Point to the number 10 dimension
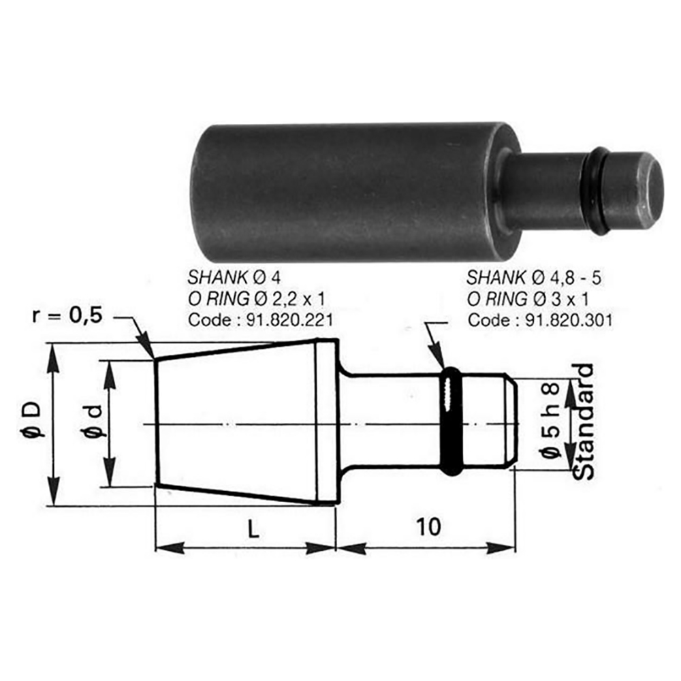426,526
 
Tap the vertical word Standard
582,422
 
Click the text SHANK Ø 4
234,277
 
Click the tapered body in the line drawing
245,422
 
